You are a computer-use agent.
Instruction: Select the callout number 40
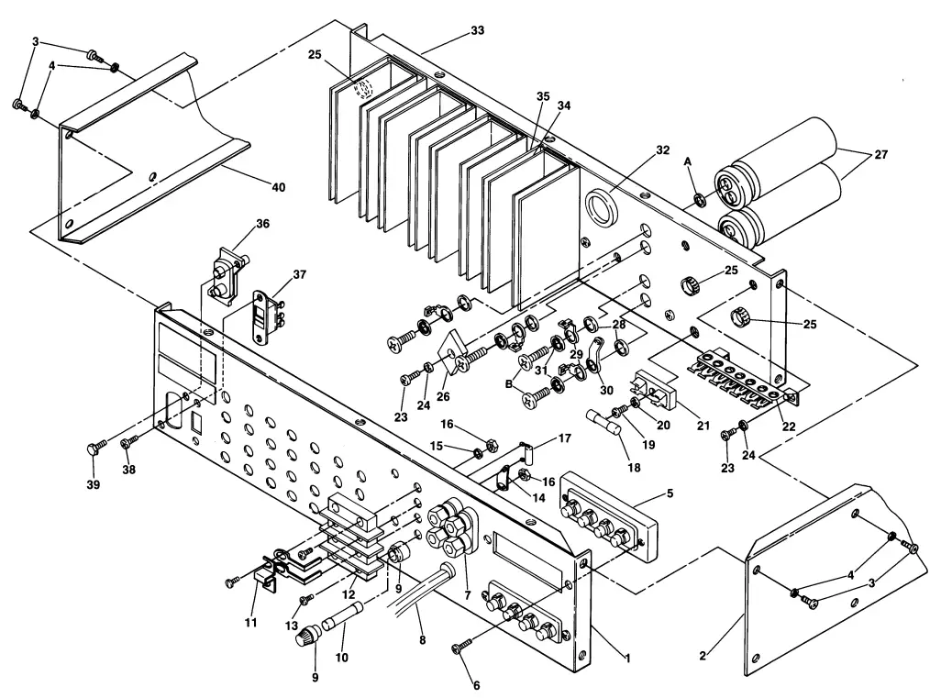(x=277, y=187)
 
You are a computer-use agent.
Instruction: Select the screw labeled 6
(x=460, y=649)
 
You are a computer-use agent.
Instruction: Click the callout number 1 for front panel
(x=627, y=658)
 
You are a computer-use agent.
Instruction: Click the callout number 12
(x=349, y=594)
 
